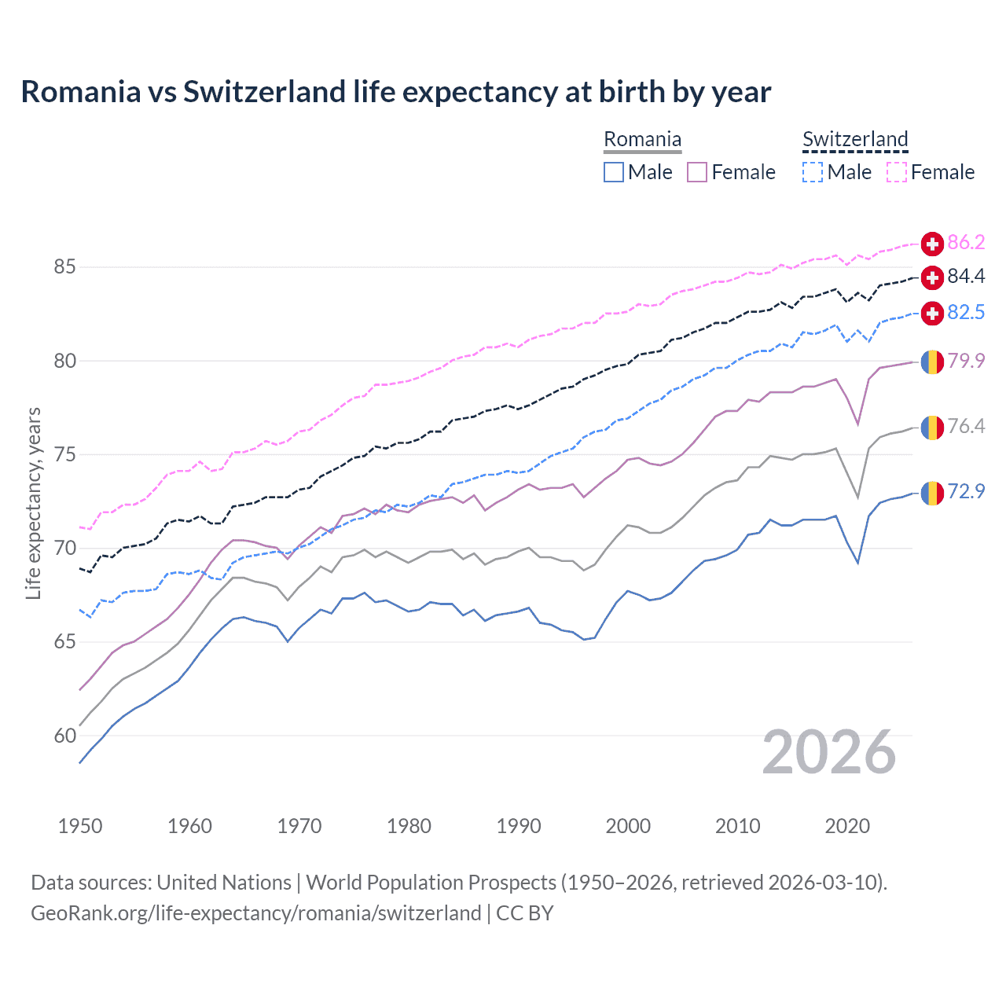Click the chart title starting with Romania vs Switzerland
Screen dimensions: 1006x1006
tap(395, 92)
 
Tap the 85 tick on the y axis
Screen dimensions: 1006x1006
tap(64, 267)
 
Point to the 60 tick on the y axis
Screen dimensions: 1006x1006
tap(64, 736)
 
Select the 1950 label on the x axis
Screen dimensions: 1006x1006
tap(80, 826)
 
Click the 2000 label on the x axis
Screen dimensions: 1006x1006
tap(628, 826)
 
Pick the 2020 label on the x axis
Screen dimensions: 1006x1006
tap(847, 826)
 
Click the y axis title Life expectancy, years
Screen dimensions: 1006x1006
tap(34, 503)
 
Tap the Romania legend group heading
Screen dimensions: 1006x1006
tap(642, 140)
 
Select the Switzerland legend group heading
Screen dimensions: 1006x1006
tap(855, 140)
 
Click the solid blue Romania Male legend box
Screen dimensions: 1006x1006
tap(614, 172)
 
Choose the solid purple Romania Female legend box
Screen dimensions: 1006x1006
tap(697, 172)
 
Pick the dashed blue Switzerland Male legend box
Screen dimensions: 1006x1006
tap(813, 172)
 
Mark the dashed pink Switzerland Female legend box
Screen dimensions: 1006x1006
tap(897, 172)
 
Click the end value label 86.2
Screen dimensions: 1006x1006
tap(966, 243)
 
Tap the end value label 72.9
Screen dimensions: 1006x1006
tap(966, 492)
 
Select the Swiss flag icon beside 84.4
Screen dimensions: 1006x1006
tap(932, 277)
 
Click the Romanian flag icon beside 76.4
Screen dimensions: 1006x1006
tap(932, 428)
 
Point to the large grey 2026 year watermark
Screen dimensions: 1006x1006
tap(829, 753)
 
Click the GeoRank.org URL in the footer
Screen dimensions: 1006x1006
tap(255, 913)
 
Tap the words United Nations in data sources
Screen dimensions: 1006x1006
tap(224, 883)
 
